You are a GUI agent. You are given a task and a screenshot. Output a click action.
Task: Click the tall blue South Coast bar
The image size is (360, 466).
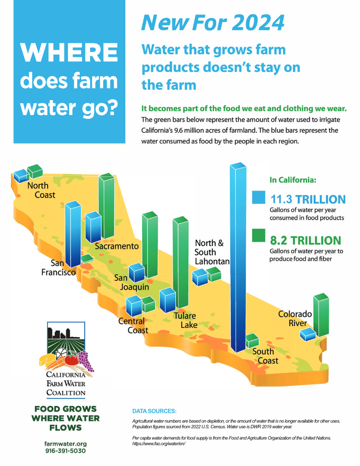pyautogui.click(x=238, y=257)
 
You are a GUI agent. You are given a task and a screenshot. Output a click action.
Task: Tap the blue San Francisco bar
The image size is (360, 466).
pyautogui.click(x=73, y=234)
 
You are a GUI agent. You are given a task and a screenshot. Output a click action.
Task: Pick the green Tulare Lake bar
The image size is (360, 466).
pyautogui.click(x=180, y=263)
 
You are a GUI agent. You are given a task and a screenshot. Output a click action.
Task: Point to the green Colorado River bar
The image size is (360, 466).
pyautogui.click(x=321, y=315)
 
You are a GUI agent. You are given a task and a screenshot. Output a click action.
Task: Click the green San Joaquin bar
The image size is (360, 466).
pyautogui.click(x=150, y=244)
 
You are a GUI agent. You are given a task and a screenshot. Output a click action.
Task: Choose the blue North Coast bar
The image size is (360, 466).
pyautogui.click(x=21, y=176)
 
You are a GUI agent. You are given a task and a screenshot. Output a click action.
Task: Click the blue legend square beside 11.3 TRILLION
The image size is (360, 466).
pyautogui.click(x=259, y=197)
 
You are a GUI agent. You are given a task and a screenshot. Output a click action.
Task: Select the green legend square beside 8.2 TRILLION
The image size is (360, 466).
pyautogui.click(x=259, y=235)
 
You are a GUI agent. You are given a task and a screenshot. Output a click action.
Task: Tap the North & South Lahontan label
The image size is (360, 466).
pyautogui.click(x=212, y=252)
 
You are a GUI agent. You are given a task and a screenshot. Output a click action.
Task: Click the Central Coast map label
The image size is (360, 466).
pyautogui.click(x=133, y=326)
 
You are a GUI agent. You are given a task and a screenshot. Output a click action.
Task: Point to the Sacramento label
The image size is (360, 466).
pyautogui.click(x=117, y=246)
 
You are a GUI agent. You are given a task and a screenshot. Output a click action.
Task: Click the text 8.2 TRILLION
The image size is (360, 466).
pyautogui.click(x=306, y=241)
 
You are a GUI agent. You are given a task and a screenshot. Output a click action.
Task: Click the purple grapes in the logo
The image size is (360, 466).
pyautogui.click(x=86, y=361)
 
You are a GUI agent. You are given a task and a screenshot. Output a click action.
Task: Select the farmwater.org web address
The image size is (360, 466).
pyautogui.click(x=65, y=443)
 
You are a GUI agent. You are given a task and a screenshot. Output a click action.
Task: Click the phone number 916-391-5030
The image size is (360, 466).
pyautogui.click(x=65, y=451)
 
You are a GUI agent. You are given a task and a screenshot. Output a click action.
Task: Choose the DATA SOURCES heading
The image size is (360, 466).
pyautogui.click(x=154, y=411)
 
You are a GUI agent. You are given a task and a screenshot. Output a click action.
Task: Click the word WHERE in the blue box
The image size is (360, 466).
pyautogui.click(x=69, y=53)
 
